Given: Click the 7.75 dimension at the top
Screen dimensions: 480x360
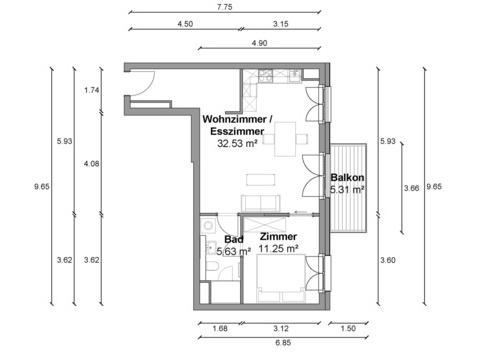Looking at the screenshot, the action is tap(224, 7).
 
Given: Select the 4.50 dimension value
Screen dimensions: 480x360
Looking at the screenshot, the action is tap(185, 24).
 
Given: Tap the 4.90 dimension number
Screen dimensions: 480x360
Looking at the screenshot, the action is tap(259, 43).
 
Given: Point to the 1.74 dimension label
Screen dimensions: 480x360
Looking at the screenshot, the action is tap(92, 90).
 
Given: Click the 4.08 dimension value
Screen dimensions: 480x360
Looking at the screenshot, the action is tap(92, 164).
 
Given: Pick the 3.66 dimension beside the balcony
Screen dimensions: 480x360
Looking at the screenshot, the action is tap(412, 188).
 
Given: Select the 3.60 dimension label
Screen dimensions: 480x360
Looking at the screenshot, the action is tap(388, 260).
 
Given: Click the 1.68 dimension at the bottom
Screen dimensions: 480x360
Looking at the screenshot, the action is tap(220, 328).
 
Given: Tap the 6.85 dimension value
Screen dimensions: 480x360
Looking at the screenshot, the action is tap(283, 342).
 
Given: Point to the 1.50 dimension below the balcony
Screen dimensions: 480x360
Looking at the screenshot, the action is tap(348, 328).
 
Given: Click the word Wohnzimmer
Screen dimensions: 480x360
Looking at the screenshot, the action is tap(234, 119).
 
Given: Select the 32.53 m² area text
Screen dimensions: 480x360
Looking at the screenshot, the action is tap(237, 143).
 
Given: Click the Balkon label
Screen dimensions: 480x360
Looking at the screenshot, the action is tap(347, 177).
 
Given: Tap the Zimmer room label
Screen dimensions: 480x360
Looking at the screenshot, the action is tap(278, 236).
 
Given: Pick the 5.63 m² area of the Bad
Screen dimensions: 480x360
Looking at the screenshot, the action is tap(234, 251).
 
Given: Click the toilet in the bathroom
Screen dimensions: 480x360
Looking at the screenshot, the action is tap(211, 266).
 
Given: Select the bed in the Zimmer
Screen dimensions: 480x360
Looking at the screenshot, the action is tap(281, 278).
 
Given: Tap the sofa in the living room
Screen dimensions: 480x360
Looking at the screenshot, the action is tap(261, 203).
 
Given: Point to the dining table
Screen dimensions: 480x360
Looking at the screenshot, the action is tap(285, 139).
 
